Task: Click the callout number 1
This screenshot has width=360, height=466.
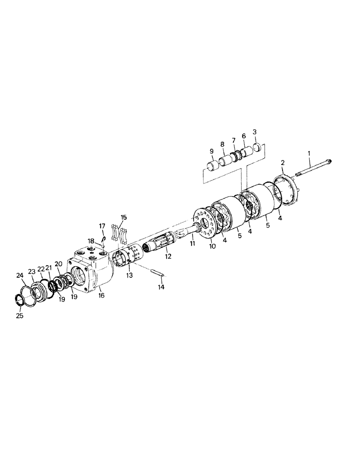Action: coord(308,152)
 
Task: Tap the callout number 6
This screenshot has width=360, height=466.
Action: coord(243,136)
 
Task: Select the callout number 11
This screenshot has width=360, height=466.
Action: coord(192,244)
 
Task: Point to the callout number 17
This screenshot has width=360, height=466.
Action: coord(102,226)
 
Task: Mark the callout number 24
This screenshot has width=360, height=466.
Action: coord(20,275)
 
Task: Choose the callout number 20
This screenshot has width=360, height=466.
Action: coord(58,263)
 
